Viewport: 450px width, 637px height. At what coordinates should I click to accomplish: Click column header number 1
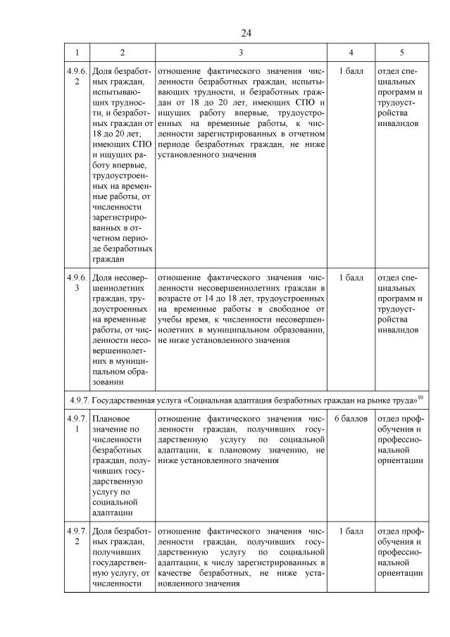click(77, 53)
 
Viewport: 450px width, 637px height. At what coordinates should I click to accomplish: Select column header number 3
click(241, 53)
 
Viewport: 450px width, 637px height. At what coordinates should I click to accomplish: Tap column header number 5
click(401, 53)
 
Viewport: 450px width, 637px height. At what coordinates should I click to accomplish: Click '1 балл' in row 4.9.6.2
click(351, 71)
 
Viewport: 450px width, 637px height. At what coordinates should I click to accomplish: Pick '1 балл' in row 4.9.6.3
click(351, 278)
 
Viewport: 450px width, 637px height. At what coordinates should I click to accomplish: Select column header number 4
click(351, 53)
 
